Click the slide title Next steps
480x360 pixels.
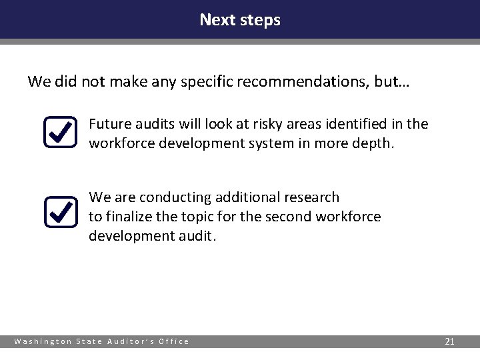click(240, 20)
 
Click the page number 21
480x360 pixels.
click(449, 341)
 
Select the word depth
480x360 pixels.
click(376, 143)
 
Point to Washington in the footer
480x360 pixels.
click(43, 341)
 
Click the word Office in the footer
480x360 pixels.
click(173, 341)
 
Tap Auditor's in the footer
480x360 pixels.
click(131, 341)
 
